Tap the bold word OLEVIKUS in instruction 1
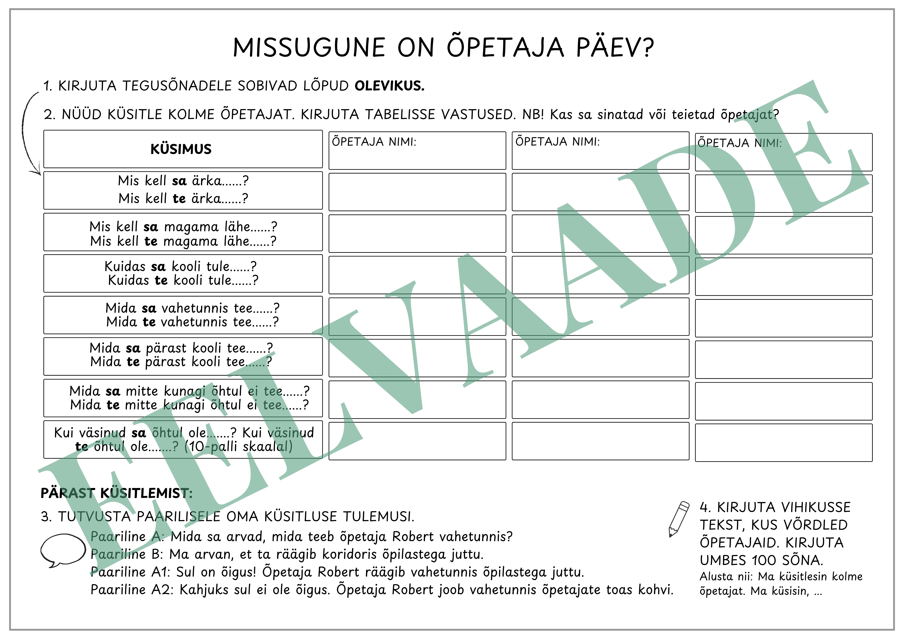click(x=389, y=86)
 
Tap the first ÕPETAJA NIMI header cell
click(x=417, y=150)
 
